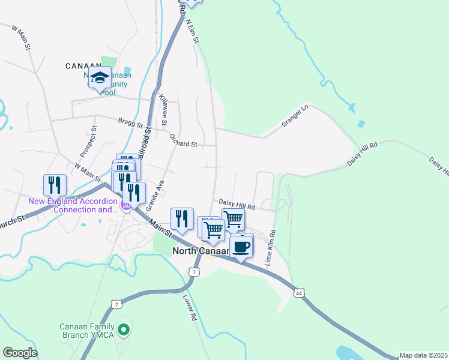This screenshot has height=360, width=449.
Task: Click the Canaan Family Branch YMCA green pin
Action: (x=124, y=329)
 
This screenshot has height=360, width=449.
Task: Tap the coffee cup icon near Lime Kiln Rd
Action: (x=241, y=247)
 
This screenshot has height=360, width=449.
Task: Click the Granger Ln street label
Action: (x=295, y=116)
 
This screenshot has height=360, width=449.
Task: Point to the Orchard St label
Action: (x=183, y=144)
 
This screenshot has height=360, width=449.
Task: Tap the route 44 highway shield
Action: (x=298, y=293)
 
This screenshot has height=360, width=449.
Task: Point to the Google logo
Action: (x=20, y=353)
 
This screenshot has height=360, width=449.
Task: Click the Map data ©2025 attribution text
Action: (x=423, y=355)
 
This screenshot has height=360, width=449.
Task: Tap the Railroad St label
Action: (x=144, y=145)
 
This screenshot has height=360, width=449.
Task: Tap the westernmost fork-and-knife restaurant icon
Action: (x=55, y=185)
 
